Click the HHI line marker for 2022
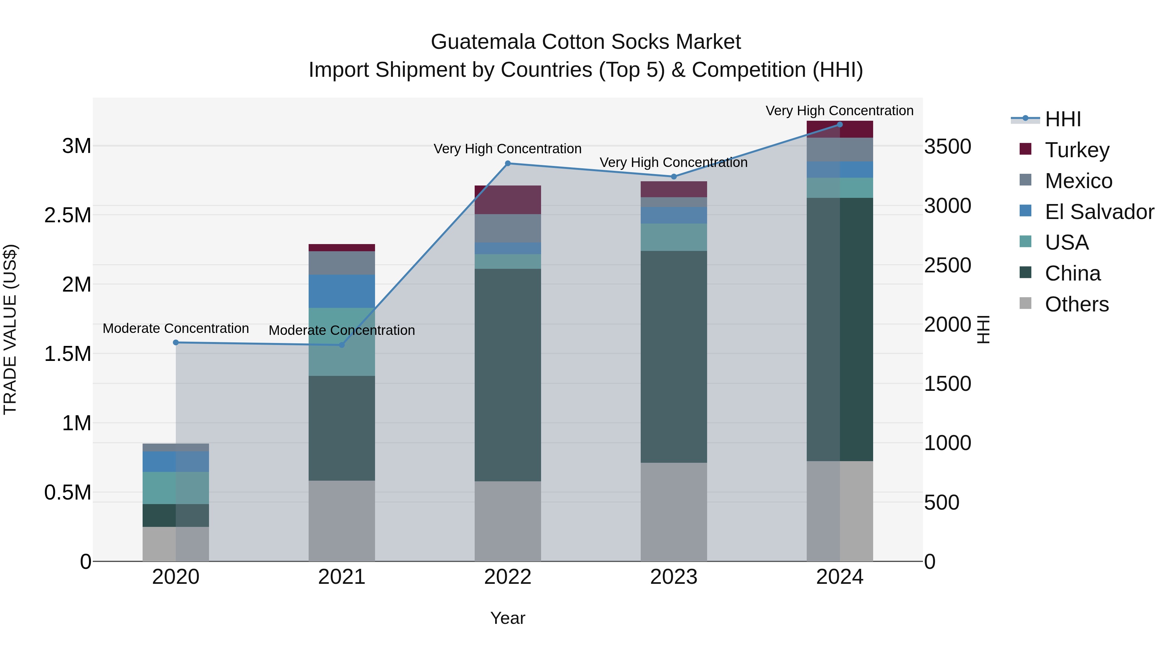[508, 163]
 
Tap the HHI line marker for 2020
[175, 342]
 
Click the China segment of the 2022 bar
[508, 375]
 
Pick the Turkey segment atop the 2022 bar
[508, 200]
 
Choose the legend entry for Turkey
[1077, 150]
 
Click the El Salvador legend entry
[1099, 212]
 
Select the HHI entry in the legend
[1062, 119]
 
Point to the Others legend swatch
[1025, 303]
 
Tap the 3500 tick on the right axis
[948, 147]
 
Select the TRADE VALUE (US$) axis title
[10, 329]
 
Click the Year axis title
[508, 618]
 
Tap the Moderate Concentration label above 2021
[342, 330]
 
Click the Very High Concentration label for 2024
[839, 111]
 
